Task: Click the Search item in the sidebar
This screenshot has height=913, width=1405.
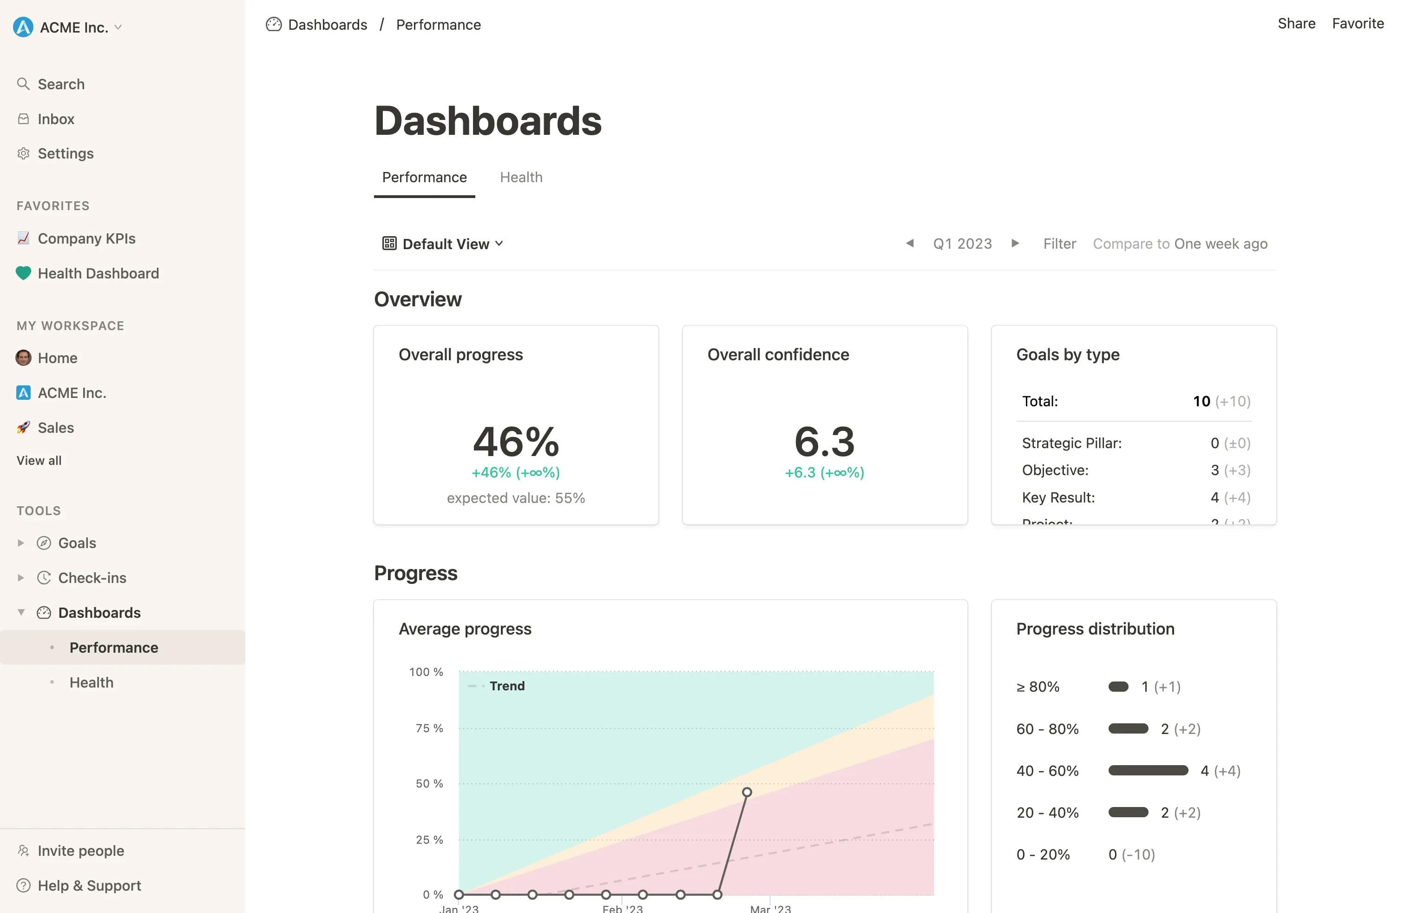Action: (x=61, y=84)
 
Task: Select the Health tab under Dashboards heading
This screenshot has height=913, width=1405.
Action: (x=521, y=177)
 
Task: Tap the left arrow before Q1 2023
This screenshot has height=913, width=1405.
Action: (x=910, y=243)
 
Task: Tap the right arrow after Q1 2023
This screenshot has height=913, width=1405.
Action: (x=1015, y=243)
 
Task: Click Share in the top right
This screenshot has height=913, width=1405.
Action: (x=1296, y=24)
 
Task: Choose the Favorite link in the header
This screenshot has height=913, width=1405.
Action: (x=1357, y=24)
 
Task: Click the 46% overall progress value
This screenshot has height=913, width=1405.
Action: (x=515, y=442)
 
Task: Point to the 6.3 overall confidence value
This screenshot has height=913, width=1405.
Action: (x=824, y=442)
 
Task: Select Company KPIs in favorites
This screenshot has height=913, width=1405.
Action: (x=86, y=238)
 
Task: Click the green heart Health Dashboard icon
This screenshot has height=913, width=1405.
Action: (x=23, y=273)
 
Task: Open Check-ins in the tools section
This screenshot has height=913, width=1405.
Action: (x=92, y=577)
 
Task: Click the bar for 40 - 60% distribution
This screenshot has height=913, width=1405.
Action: (x=1148, y=770)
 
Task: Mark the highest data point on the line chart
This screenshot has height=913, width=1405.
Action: (x=747, y=792)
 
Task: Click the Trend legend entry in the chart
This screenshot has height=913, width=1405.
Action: (x=506, y=686)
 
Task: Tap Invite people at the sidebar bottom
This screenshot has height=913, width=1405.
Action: (x=80, y=850)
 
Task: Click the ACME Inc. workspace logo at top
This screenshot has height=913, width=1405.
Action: (x=23, y=27)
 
